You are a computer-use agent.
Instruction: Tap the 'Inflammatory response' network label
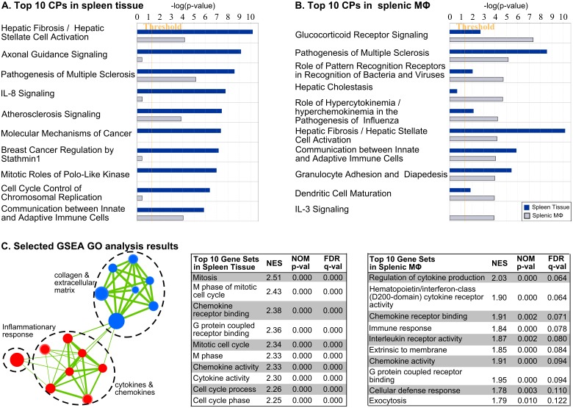point(27,329)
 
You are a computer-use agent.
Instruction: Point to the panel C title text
point(90,226)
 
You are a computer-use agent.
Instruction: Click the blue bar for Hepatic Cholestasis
point(453,91)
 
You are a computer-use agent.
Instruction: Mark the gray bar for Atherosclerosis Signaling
point(159,119)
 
